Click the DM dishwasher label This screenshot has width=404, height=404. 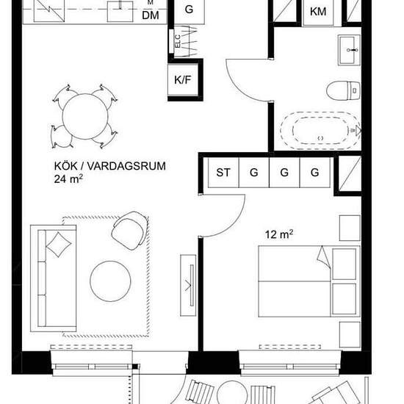click(x=151, y=15)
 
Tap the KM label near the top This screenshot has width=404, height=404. click(x=318, y=12)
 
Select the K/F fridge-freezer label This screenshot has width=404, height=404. click(x=183, y=80)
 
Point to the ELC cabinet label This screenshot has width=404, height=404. click(x=178, y=41)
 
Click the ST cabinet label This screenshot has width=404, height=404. click(x=223, y=173)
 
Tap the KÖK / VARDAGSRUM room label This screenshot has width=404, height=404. click(x=109, y=166)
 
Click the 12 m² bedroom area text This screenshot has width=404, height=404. click(x=279, y=234)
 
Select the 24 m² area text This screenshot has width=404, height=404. click(x=68, y=178)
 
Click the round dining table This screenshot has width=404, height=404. click(x=85, y=117)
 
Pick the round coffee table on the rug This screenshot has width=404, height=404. click(x=110, y=281)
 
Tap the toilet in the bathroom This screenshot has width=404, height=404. click(x=343, y=90)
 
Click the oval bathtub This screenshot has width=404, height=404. click(x=320, y=131)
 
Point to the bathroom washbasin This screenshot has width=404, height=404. click(x=350, y=50)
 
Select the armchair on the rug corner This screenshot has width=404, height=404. click(x=130, y=231)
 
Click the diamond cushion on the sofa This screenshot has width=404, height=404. click(x=59, y=245)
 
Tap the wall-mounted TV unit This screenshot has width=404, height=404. click(x=188, y=285)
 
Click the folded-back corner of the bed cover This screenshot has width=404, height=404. click(x=324, y=257)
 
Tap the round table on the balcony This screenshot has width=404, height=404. click(x=231, y=393)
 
